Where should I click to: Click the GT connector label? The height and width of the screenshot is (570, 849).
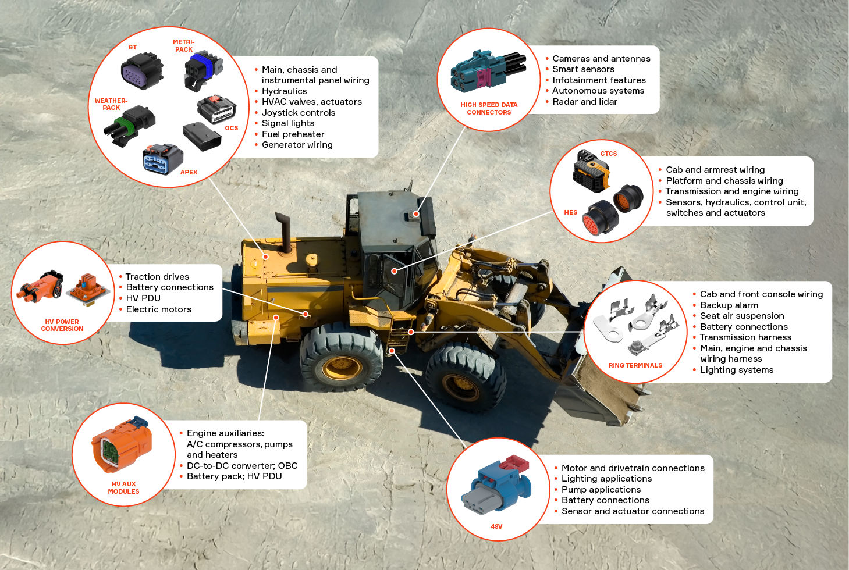133,48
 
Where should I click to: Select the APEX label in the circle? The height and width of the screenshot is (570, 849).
189,172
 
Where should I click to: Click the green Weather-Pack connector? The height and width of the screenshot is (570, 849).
130,124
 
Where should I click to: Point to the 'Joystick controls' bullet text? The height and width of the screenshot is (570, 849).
298,113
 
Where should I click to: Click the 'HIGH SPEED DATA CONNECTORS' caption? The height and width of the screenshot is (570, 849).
489,109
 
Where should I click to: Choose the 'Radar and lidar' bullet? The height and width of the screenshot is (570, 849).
584,102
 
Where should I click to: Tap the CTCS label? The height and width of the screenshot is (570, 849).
609,154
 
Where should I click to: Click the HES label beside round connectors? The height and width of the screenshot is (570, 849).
570,213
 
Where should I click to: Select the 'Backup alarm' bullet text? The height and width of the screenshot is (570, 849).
729,305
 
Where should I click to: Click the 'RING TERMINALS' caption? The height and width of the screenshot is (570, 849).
635,366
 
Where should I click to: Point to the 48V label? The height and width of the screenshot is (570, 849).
496,527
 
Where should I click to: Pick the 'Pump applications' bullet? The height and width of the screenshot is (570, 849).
601,490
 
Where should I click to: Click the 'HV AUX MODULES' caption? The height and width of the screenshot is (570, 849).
123,488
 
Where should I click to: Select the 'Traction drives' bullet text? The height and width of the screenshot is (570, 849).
157,277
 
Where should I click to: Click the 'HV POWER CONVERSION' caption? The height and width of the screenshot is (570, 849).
62,325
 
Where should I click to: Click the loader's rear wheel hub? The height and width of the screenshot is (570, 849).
342,367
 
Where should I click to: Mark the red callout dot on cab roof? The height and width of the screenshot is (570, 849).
416,214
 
